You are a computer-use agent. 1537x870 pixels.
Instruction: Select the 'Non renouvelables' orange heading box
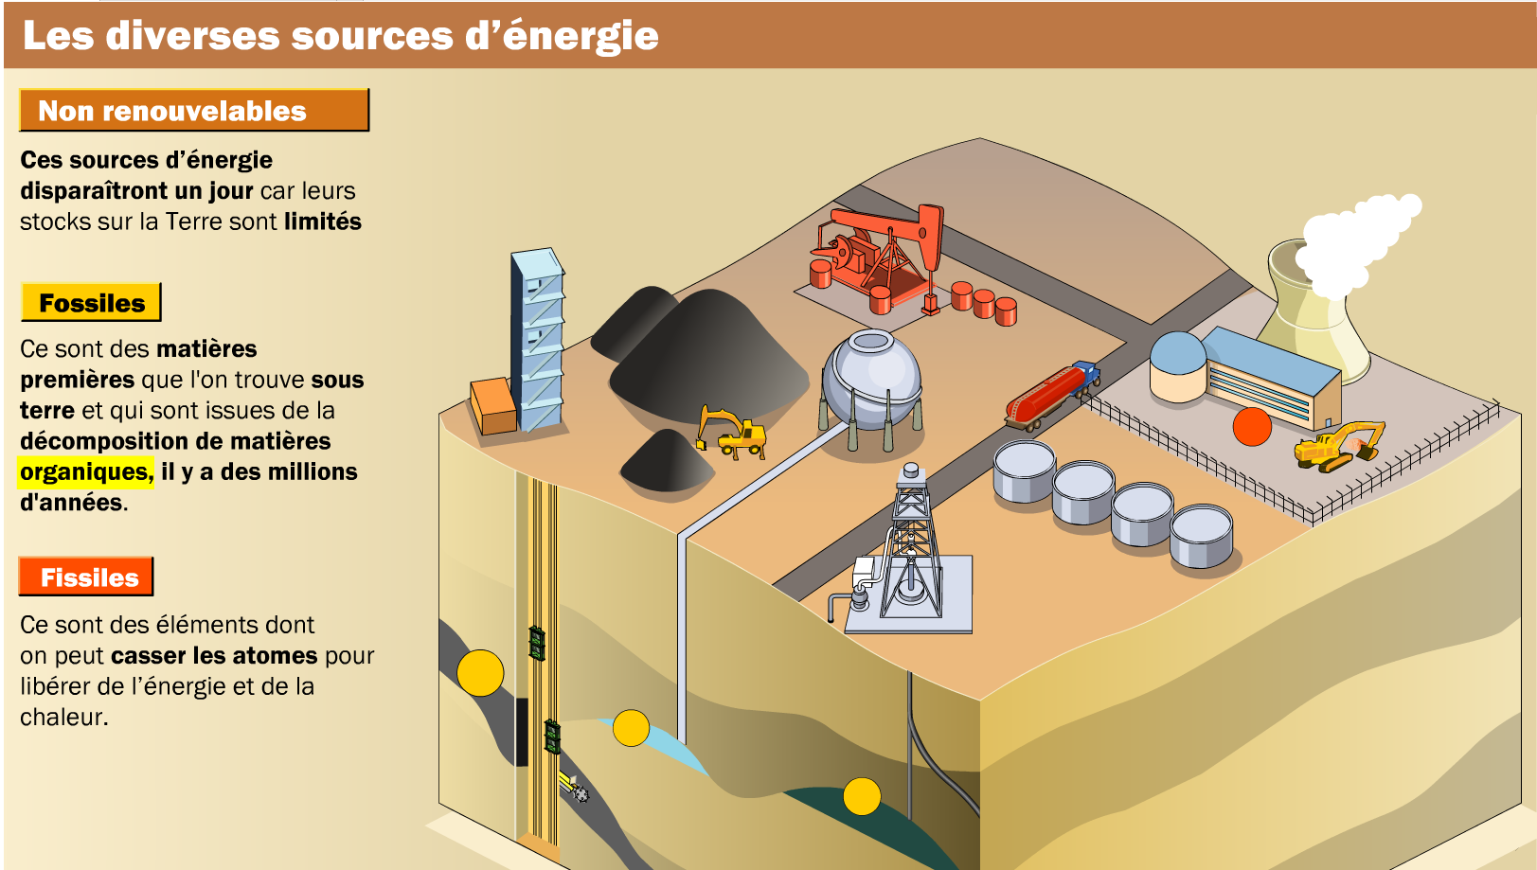(x=193, y=111)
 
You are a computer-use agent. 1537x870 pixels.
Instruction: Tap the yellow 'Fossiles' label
(x=91, y=303)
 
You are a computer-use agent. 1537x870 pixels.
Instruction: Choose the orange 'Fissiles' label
(x=87, y=577)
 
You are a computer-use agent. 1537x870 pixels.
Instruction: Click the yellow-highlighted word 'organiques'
(x=85, y=471)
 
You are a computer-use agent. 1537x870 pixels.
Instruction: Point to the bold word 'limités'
(x=323, y=222)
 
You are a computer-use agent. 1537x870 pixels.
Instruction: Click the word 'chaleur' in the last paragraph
(x=62, y=717)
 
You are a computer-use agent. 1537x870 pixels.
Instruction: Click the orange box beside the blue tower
(x=492, y=405)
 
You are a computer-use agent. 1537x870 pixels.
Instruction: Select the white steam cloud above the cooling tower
(x=1354, y=241)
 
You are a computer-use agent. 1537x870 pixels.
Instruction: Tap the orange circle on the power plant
(x=1252, y=426)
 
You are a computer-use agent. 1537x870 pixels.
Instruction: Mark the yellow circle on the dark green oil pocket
(x=862, y=796)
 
